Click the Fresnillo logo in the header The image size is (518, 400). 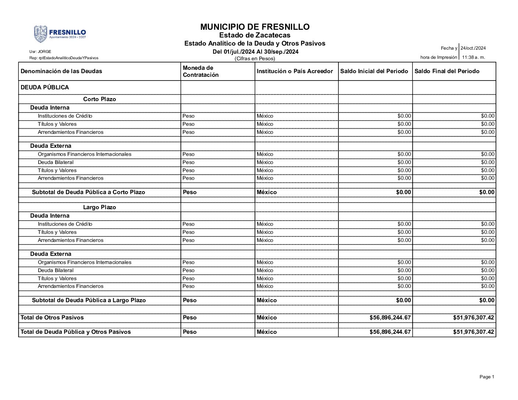tap(60, 34)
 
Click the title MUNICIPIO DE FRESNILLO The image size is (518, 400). tap(255, 27)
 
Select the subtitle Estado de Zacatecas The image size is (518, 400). tap(255, 35)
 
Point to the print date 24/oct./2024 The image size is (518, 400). tap(473, 48)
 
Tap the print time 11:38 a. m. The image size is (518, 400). tap(473, 57)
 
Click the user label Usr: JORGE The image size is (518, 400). tap(40, 51)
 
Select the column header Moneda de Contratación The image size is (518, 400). tap(201, 71)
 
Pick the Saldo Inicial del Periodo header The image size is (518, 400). tap(374, 71)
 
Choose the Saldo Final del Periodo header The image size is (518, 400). tap(447, 71)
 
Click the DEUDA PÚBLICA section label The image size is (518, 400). tap(45, 87)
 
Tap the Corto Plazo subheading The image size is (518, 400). tap(99, 99)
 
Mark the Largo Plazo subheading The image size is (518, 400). tap(99, 207)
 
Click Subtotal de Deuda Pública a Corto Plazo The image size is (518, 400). tap(88, 192)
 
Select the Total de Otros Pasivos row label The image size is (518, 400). tap(52, 318)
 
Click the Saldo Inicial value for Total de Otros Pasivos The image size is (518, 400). tap(390, 318)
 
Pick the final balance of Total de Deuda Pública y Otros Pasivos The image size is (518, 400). tap(473, 332)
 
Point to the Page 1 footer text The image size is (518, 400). tap(487, 377)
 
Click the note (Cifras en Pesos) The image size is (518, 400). tap(255, 58)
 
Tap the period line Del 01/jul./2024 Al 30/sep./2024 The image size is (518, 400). tap(256, 52)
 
